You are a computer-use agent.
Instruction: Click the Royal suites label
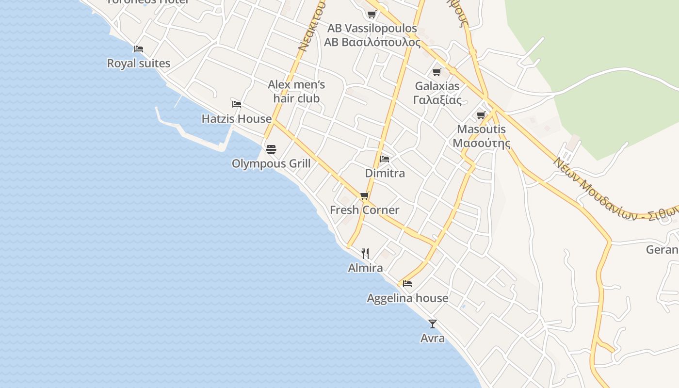pyautogui.click(x=139, y=63)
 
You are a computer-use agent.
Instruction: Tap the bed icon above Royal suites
pyautogui.click(x=139, y=48)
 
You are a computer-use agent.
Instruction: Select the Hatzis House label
pyautogui.click(x=237, y=119)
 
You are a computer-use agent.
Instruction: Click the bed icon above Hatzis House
pyautogui.click(x=237, y=104)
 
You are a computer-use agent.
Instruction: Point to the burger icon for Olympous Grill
pyautogui.click(x=271, y=148)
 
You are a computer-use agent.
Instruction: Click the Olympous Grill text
pyautogui.click(x=271, y=163)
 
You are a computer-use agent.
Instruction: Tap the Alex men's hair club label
pyautogui.click(x=296, y=92)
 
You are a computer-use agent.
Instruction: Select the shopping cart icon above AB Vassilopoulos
pyautogui.click(x=372, y=14)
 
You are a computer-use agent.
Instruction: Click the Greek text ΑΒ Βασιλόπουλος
pyautogui.click(x=372, y=42)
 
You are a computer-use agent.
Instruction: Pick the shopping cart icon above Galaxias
pyautogui.click(x=437, y=72)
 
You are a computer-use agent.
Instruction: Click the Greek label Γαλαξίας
pyautogui.click(x=437, y=100)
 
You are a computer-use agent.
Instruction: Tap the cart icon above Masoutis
pyautogui.click(x=481, y=115)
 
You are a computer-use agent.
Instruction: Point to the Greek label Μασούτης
pyautogui.click(x=481, y=143)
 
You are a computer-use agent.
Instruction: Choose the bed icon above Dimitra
pyautogui.click(x=385, y=159)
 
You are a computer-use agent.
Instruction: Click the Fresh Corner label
pyautogui.click(x=365, y=210)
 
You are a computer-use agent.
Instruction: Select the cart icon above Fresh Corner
pyautogui.click(x=365, y=195)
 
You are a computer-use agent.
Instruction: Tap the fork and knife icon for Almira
pyautogui.click(x=365, y=253)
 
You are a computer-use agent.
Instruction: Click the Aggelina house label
pyautogui.click(x=407, y=298)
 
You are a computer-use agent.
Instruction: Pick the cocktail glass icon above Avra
pyautogui.click(x=433, y=323)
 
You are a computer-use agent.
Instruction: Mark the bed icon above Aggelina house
pyautogui.click(x=407, y=283)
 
